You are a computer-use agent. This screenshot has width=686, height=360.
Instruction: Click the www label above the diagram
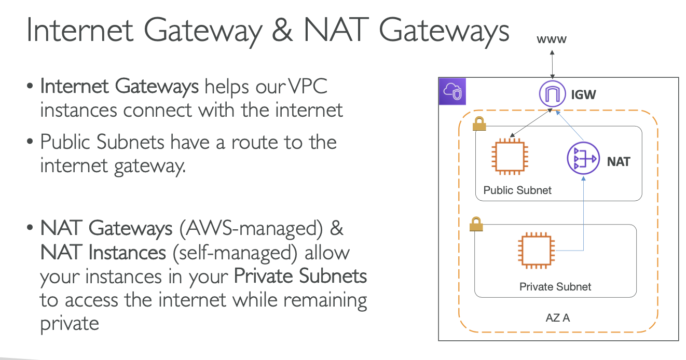[552, 39]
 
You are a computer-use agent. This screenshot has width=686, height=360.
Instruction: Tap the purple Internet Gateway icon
[552, 95]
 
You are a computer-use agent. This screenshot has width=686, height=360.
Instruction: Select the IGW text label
[583, 95]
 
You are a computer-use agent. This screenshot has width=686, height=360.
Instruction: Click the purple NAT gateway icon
[581, 158]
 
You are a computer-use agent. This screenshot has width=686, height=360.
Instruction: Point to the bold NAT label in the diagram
[619, 162]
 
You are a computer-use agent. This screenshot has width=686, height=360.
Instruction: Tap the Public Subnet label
[517, 190]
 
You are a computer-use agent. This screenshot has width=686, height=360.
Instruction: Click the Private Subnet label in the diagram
[555, 286]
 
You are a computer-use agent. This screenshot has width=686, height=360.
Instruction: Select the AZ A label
[557, 317]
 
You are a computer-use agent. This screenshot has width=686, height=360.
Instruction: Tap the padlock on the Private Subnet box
[475, 225]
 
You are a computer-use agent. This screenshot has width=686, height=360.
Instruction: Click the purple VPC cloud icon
[452, 92]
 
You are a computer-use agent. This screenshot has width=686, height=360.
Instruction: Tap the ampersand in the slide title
[284, 31]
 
